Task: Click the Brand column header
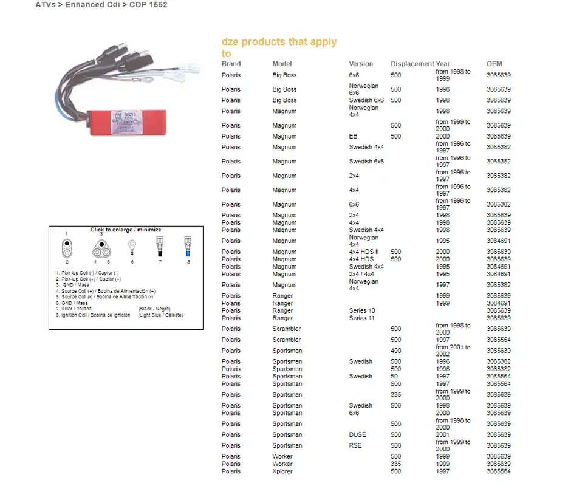[x=231, y=64]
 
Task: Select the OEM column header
[x=494, y=64]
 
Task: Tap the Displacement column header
[x=412, y=64]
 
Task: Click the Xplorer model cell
[x=282, y=471]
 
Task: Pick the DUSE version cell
[x=357, y=435]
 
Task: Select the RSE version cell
[x=355, y=446]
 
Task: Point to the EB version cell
[x=353, y=137]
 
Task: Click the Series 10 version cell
[x=361, y=311]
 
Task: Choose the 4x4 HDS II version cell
[x=363, y=252]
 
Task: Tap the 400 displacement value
[x=395, y=351]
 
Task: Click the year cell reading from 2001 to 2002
[x=453, y=351]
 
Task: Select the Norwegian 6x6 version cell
[x=363, y=89]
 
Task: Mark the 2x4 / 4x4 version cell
[x=361, y=275]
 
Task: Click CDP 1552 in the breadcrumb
[x=148, y=5]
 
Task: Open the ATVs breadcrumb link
[x=46, y=5]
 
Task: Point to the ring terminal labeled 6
[x=132, y=247]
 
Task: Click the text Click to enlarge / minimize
[x=126, y=230]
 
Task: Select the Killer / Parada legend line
[x=74, y=309]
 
